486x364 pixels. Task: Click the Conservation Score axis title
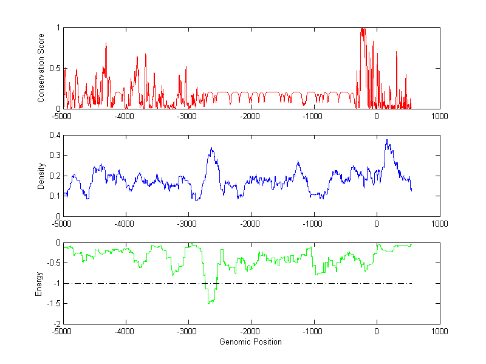[x=41, y=68]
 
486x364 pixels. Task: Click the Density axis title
[x=41, y=176]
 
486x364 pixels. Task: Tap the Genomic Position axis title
[x=251, y=342]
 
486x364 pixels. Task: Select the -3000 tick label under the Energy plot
[x=188, y=331]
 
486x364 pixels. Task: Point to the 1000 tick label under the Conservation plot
[x=439, y=115]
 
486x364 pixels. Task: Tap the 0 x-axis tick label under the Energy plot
[x=377, y=331]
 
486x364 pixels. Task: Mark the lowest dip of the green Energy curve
[x=210, y=303]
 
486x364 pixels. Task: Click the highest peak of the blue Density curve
[x=387, y=140]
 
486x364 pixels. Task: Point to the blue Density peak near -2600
[x=211, y=148]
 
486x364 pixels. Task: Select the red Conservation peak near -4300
[x=106, y=43]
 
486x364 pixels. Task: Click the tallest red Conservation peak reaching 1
[x=362, y=28]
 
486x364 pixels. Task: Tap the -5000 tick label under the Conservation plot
[x=62, y=115]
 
